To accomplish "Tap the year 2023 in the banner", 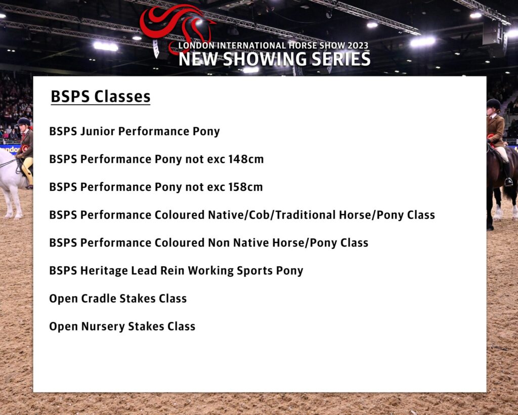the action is coord(358,46).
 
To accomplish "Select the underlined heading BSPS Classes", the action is coord(101,97).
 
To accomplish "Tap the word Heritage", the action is coord(104,271).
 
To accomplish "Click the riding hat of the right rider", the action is coord(494,104).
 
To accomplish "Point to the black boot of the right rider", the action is coord(507,174).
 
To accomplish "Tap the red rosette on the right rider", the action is coord(491,138).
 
